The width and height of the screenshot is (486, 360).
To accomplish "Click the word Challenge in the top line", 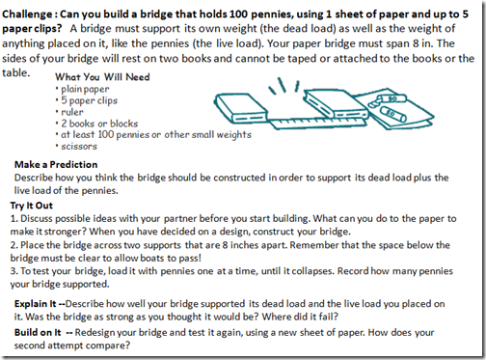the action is coord(27,14).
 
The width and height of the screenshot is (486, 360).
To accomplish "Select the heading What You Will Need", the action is coord(102,77).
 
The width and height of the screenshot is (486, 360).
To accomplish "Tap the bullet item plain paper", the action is coord(85,89).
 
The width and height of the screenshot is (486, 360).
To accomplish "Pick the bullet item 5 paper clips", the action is coord(89,100).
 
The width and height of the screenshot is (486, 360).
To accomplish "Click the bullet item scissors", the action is coord(79,147).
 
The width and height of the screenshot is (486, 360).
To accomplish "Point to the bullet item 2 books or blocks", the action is coord(99,124).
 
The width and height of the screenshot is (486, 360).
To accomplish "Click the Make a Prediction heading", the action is coord(56,164).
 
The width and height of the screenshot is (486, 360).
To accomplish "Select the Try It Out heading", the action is coord(31,206).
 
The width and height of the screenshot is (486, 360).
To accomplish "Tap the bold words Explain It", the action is coord(36,304).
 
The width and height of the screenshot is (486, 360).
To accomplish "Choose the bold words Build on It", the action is coord(38,332).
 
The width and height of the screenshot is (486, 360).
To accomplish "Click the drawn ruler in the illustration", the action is coord(317,123).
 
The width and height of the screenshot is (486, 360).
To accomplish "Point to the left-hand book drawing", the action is coord(241,108).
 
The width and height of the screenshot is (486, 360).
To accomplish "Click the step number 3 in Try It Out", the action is coord(13,271).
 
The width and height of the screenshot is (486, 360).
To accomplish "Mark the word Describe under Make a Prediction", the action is coord(34,178).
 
